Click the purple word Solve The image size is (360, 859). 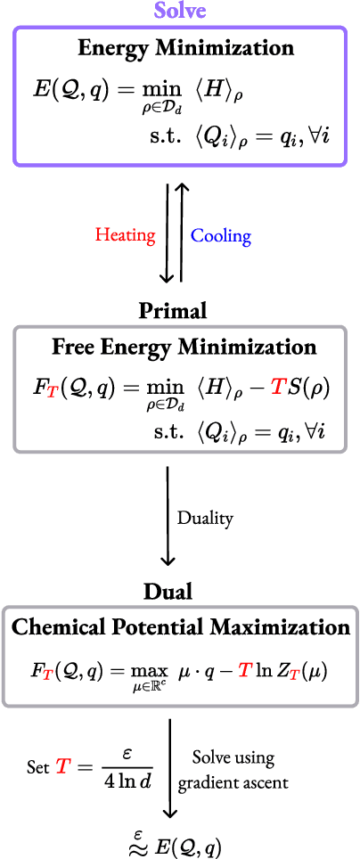[179, 11]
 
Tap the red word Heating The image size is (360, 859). [125, 235]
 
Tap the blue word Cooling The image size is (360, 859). [221, 235]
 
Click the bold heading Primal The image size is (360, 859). [173, 310]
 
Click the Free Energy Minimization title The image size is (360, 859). [184, 346]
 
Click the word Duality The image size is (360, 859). [207, 518]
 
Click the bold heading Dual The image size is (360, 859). [168, 591]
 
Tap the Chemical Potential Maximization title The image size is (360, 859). [181, 626]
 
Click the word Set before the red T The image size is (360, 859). [37, 766]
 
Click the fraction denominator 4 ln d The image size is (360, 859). [125, 779]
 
